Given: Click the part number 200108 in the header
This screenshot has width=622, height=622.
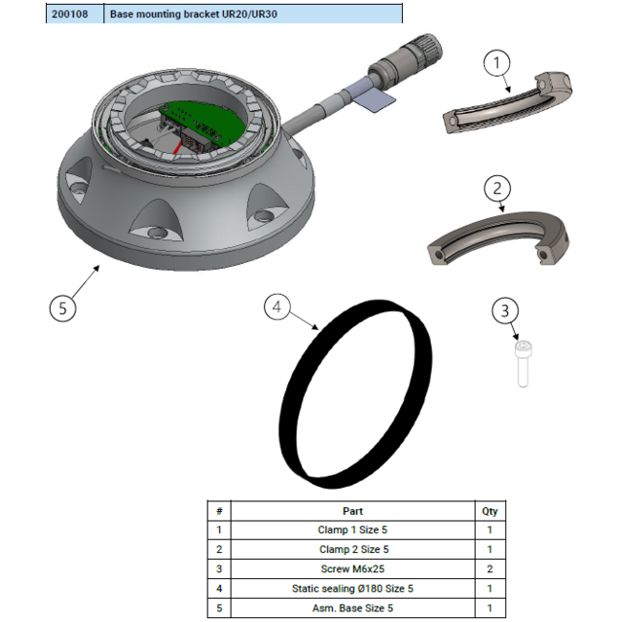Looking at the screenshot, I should tap(73, 14).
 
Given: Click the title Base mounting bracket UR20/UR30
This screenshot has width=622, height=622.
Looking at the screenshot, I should tap(188, 14).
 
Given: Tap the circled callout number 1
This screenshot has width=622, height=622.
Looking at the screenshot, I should tap(497, 64).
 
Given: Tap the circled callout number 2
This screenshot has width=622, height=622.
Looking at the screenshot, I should tap(497, 188).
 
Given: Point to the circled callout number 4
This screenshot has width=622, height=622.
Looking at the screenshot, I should tap(278, 307).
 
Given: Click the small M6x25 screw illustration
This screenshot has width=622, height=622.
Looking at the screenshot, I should tap(522, 365).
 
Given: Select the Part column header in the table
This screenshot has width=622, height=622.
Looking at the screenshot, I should tap(352, 511).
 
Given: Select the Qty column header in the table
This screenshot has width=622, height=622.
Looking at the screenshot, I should tap(489, 511).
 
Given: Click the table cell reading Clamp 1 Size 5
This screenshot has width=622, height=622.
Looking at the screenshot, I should tap(352, 529).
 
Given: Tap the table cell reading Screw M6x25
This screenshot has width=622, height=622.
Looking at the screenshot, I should tap(352, 569).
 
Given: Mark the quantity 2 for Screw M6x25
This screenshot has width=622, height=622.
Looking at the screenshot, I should tap(489, 569).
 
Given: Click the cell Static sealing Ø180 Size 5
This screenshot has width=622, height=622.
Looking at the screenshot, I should tap(352, 589).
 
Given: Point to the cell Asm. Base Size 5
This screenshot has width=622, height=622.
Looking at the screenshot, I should tap(352, 608).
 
